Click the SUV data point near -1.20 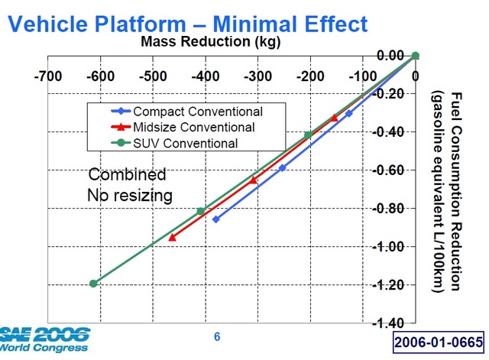pos(93,284)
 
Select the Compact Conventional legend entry pos(186,112)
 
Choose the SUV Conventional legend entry pos(174,143)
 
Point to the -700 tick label pos(48,76)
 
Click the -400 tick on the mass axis pos(206,76)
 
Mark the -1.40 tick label pos(389,323)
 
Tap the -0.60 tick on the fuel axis pos(389,170)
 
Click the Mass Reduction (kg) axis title pos(211,41)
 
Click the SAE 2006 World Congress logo pos(44,339)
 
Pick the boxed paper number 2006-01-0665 pos(439,342)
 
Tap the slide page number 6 pos(217,336)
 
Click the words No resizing pos(130,196)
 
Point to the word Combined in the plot pos(127,174)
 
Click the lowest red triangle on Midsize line pos(172,238)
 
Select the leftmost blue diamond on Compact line pos(215,219)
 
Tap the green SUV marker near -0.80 pos(201,211)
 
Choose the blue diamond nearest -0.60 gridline pos(282,168)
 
